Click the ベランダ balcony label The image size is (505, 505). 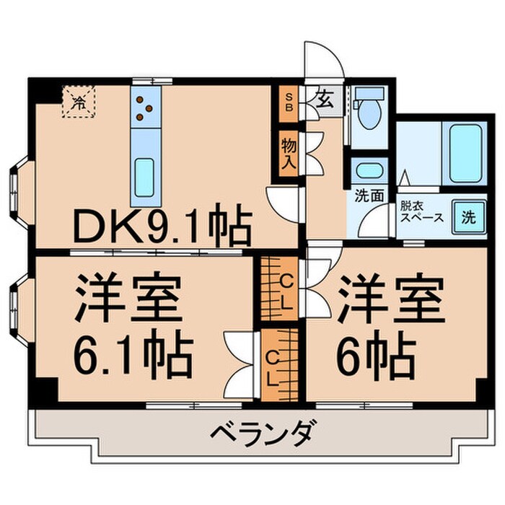pos(262,434)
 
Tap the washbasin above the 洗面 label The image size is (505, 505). pos(371,171)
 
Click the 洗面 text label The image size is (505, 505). pos(367,196)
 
